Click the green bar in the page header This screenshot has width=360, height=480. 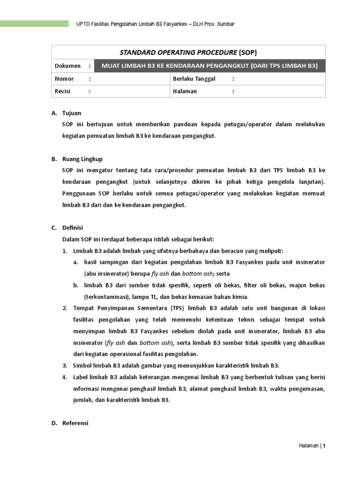tap(34, 23)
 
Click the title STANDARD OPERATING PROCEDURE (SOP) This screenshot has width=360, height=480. tap(188, 52)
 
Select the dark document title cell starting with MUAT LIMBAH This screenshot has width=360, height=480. tap(210, 66)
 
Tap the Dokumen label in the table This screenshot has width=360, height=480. tap(67, 66)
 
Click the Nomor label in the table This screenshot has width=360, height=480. tap(64, 79)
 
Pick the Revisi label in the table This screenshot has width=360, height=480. tap(63, 91)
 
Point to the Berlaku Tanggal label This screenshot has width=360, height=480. tap(194, 79)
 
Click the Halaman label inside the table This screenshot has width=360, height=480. tap(185, 91)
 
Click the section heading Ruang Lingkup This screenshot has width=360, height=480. tap(82, 159)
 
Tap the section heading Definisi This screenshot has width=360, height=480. tap(72, 228)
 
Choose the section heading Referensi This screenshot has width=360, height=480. tap(75, 423)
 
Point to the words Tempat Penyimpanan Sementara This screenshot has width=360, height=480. tap(123, 308)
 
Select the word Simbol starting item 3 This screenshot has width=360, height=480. tap(83, 366)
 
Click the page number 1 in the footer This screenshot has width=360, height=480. tap(323, 446)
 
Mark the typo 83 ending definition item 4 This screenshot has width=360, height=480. tap(165, 400)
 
